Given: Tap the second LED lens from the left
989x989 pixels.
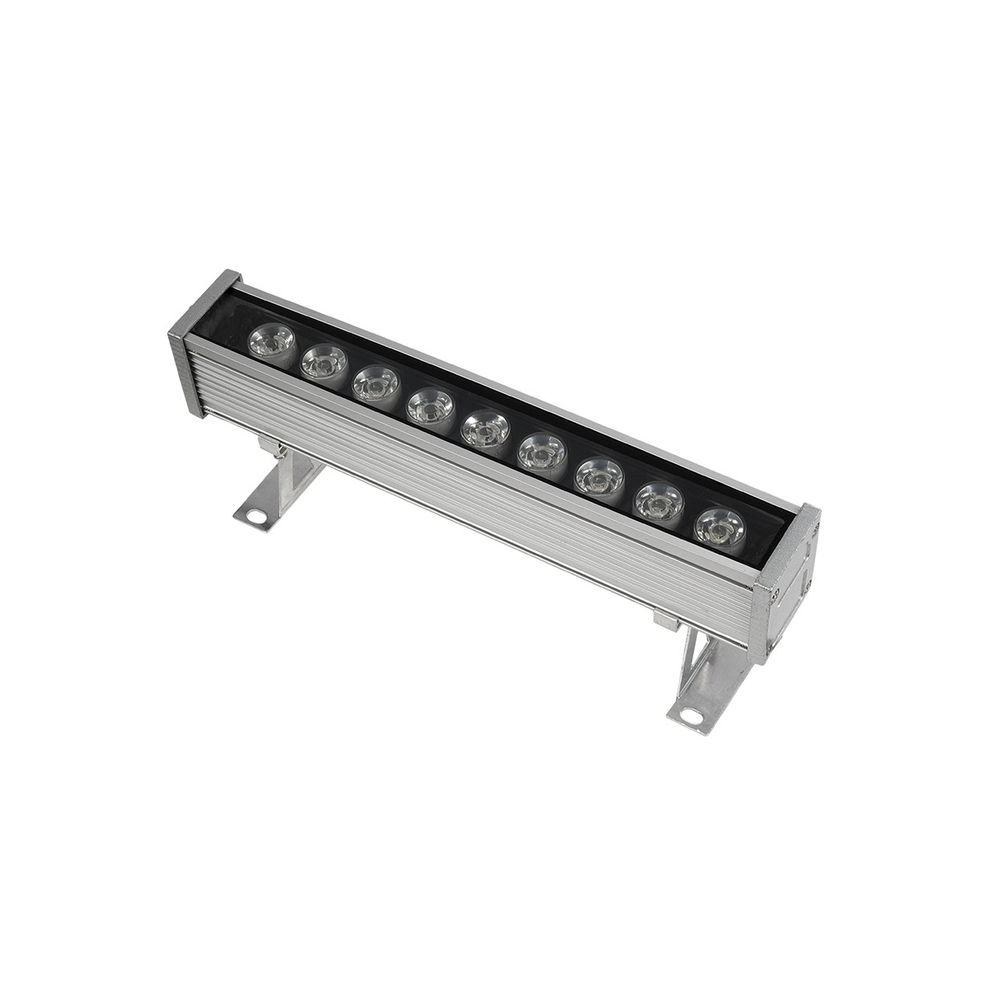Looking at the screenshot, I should pyautogui.click(x=322, y=362).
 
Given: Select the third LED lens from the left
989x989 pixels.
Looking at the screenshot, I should pyautogui.click(x=375, y=384).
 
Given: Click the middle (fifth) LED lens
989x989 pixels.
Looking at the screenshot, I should pyautogui.click(x=484, y=429).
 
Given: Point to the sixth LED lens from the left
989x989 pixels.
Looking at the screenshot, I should pyautogui.click(x=541, y=452).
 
